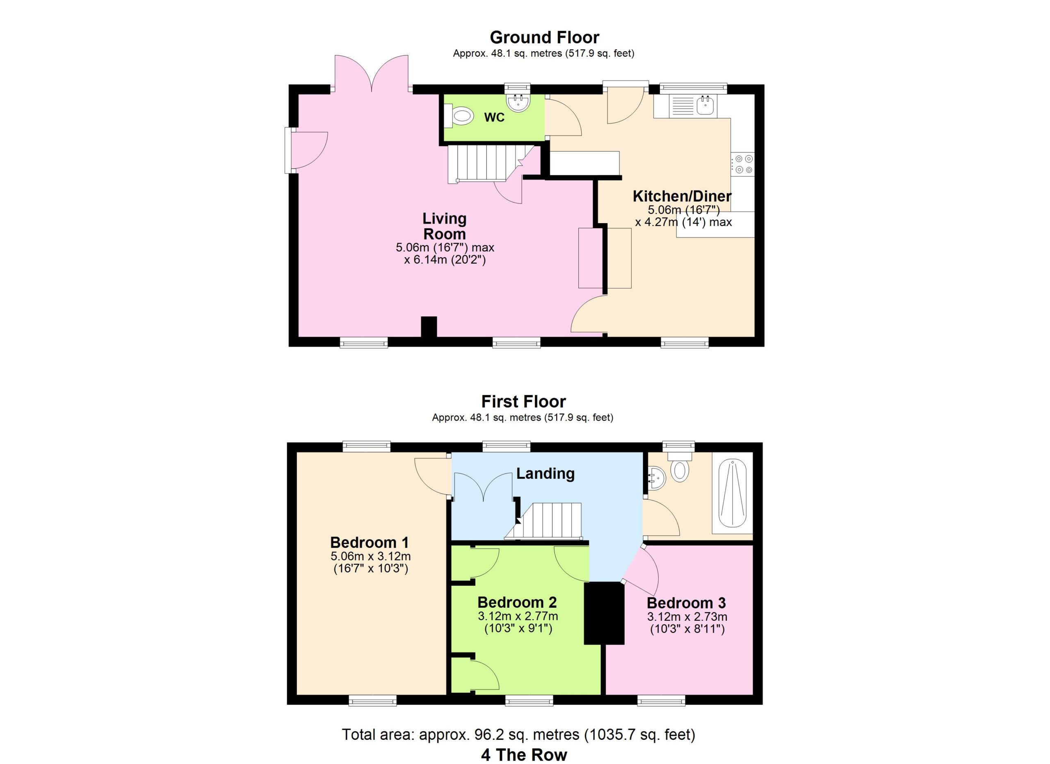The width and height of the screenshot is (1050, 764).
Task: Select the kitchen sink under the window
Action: pyautogui.click(x=705, y=106)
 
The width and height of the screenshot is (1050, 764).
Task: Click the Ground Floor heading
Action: pyautogui.click(x=544, y=37)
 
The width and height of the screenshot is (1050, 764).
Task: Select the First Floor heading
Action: pyautogui.click(x=524, y=401)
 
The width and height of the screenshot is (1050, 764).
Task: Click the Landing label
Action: pyautogui.click(x=546, y=473)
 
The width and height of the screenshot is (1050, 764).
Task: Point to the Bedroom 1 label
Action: pyautogui.click(x=370, y=542)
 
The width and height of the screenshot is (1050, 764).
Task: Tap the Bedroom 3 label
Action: pyautogui.click(x=686, y=603)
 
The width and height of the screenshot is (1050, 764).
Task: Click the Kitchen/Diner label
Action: pyautogui.click(x=682, y=196)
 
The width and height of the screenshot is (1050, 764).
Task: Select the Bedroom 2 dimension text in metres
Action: pyautogui.click(x=518, y=616)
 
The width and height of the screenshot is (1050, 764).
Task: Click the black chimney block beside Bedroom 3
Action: pyautogui.click(x=604, y=613)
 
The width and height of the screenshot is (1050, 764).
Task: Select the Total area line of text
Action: pyautogui.click(x=518, y=734)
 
